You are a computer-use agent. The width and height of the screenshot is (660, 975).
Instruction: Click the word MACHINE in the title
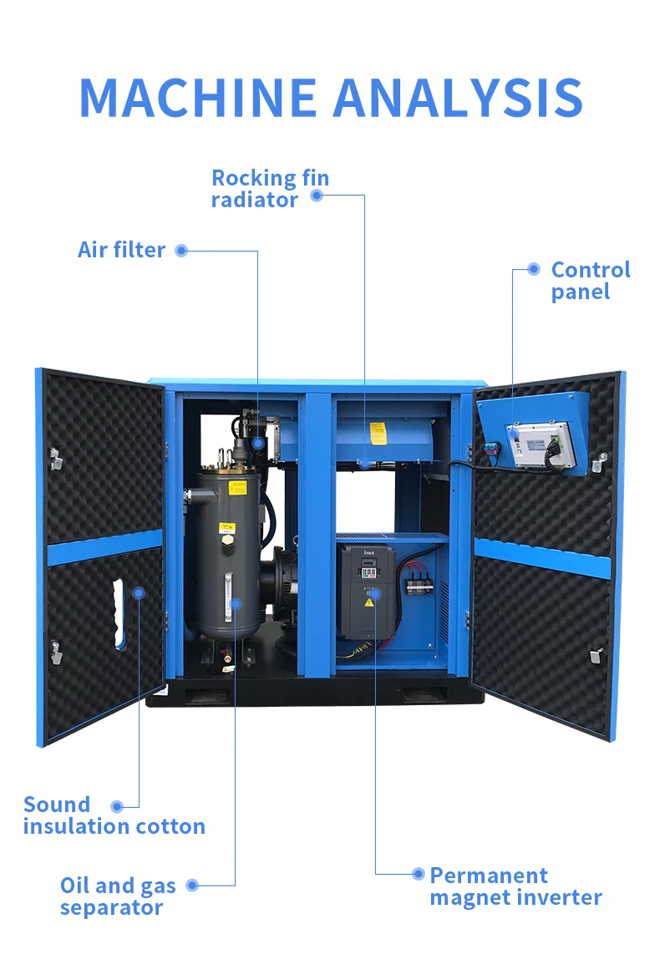click(198, 98)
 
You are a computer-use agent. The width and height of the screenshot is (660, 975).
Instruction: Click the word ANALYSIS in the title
click(457, 98)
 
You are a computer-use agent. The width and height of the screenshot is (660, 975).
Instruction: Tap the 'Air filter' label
click(121, 250)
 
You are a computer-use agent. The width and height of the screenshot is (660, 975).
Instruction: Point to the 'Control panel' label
click(590, 281)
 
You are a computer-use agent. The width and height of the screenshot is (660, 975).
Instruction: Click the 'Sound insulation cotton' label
click(114, 815)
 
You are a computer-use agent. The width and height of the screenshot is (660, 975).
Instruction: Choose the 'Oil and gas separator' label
click(117, 896)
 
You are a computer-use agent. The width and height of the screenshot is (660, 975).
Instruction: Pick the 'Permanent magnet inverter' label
click(515, 886)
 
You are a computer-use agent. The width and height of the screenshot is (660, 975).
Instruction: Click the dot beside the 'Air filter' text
click(181, 250)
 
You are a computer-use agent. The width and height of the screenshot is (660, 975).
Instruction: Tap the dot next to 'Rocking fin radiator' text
click(316, 196)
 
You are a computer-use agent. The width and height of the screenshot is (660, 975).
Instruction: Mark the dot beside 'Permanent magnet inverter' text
click(419, 874)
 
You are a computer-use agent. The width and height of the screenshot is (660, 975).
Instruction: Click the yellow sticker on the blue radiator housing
click(378, 433)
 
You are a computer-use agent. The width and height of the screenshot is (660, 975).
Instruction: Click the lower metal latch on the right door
click(597, 655)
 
